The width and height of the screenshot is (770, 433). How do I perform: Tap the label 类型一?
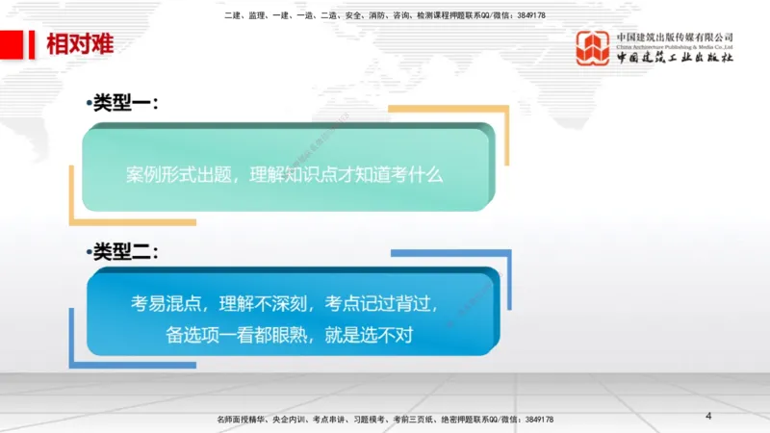pos(124,103)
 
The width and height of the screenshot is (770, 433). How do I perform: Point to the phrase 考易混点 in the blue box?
pos(165,304)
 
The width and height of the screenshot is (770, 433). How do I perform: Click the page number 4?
pos(708,416)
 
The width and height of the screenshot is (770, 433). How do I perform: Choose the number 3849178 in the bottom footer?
pos(534,420)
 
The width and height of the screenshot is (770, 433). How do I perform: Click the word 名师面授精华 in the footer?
pos(240,420)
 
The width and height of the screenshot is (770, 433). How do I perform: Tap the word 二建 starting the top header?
pos(232,15)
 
